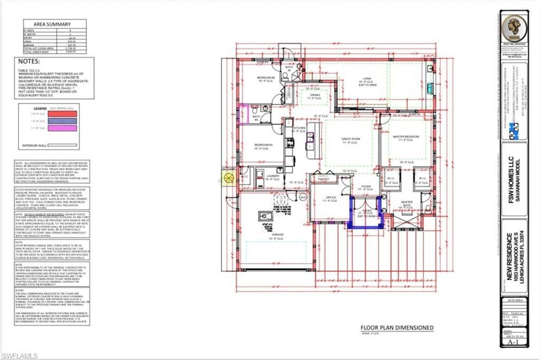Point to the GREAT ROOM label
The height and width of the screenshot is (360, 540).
[x=350, y=139]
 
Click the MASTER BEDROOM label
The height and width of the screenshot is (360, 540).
[x=406, y=137]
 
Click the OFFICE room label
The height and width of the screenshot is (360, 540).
[x=331, y=198]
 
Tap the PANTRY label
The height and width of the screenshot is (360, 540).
[x=323, y=179]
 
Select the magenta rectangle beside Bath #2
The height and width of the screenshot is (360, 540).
[x=244, y=113]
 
